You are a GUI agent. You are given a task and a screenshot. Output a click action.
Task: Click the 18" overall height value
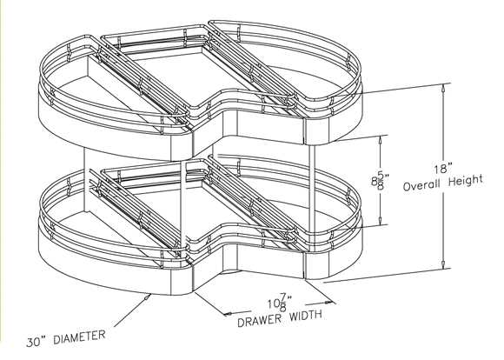click(443, 169)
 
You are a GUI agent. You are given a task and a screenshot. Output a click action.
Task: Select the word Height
click(466, 181)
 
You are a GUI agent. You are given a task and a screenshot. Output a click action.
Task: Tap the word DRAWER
click(260, 320)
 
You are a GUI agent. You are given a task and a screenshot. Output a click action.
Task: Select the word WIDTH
click(306, 316)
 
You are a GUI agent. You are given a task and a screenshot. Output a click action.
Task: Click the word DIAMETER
click(79, 337)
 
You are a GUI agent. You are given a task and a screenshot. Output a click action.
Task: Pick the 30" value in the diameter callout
click(37, 342)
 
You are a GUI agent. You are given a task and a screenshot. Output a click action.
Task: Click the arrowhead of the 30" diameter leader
click(149, 297)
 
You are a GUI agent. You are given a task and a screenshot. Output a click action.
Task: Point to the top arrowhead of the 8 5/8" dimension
click(381, 140)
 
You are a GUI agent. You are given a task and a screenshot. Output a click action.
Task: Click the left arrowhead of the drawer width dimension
click(228, 313)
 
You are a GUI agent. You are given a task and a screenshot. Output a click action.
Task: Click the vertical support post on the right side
click(312, 190)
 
